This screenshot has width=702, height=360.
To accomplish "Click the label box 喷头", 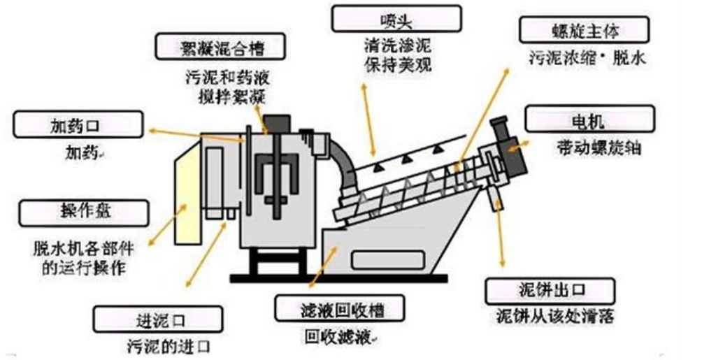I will coord(396,19).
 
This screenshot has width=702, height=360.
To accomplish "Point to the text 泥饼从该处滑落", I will coord(555,316).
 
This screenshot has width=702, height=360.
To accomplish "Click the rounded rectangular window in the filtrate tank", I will coord(383,259).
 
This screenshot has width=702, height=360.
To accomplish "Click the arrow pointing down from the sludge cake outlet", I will coord(501,238).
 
